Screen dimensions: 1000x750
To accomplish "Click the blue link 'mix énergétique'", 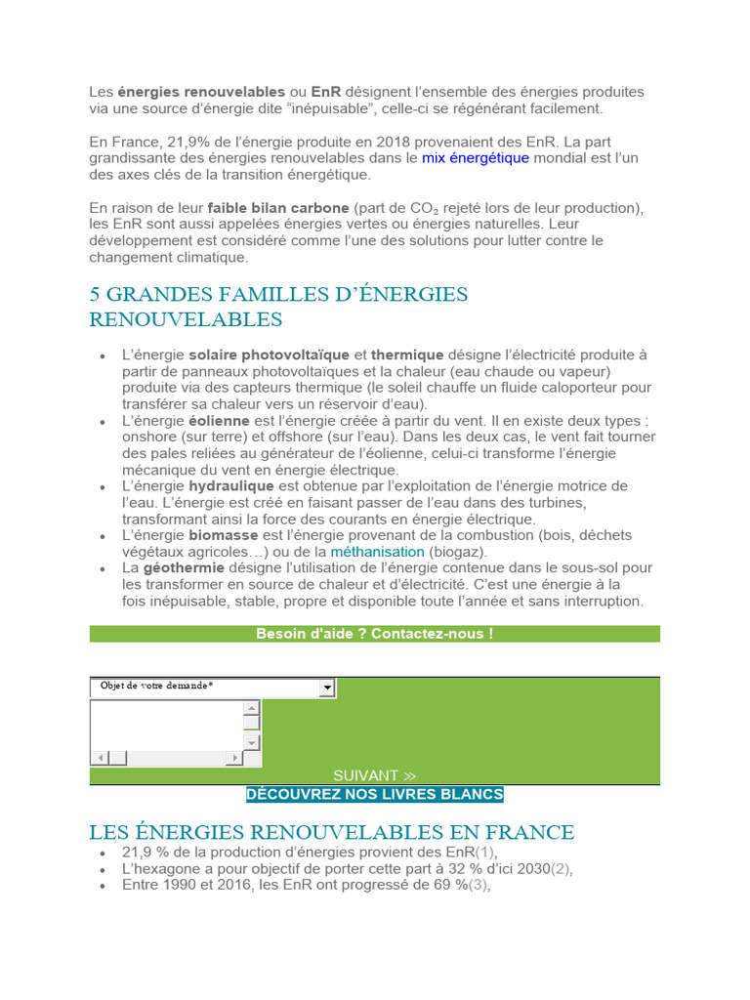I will (476, 158).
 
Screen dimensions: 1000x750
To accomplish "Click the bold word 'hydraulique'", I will (229, 486).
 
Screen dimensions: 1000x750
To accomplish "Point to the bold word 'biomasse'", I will (224, 535).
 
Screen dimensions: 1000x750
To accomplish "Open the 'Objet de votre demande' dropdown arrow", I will (328, 688).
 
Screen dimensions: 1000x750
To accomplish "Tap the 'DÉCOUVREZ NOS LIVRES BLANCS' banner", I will (375, 794).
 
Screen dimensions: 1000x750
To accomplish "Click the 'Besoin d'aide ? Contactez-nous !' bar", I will (375, 634).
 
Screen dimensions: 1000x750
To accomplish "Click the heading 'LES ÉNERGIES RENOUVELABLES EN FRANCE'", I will (332, 832).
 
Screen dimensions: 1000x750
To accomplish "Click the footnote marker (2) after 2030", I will (562, 868).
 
